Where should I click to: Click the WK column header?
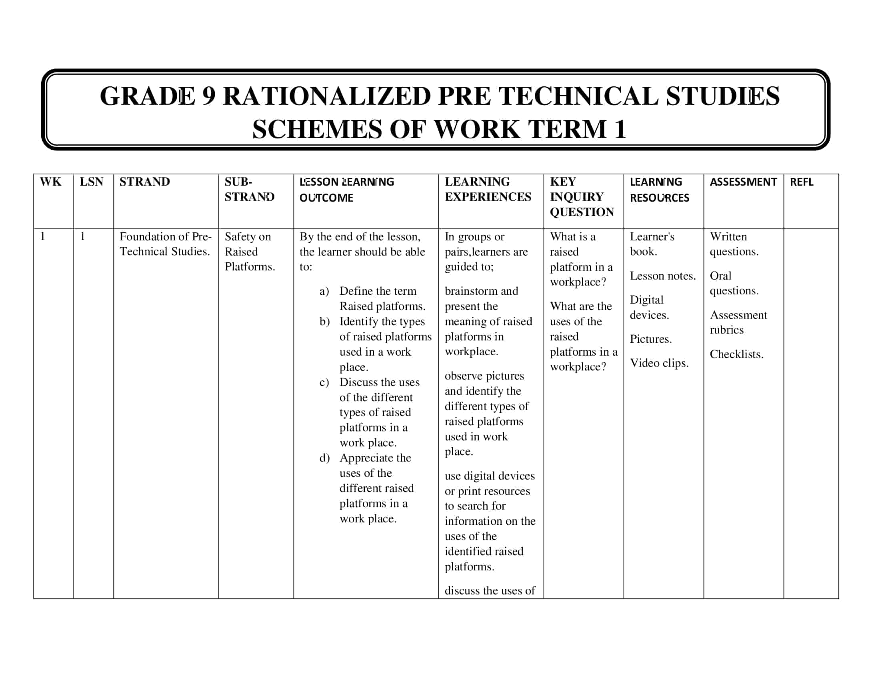click(50, 182)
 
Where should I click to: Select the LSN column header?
click(92, 182)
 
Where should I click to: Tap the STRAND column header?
click(144, 182)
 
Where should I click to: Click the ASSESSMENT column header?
click(743, 182)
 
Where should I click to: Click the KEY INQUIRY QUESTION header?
click(582, 196)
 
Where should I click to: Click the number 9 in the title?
click(209, 96)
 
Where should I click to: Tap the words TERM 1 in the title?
click(576, 129)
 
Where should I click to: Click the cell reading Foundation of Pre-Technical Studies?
click(165, 244)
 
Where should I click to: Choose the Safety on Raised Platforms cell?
click(250, 251)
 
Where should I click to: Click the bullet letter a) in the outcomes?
click(324, 291)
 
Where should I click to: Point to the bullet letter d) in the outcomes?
click(324, 458)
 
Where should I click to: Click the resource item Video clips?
click(659, 363)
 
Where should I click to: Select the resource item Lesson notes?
click(662, 276)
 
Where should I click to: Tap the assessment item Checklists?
click(736, 354)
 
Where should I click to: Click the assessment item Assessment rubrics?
click(738, 322)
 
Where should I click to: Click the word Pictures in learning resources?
click(650, 339)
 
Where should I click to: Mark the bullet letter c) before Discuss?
click(324, 382)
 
